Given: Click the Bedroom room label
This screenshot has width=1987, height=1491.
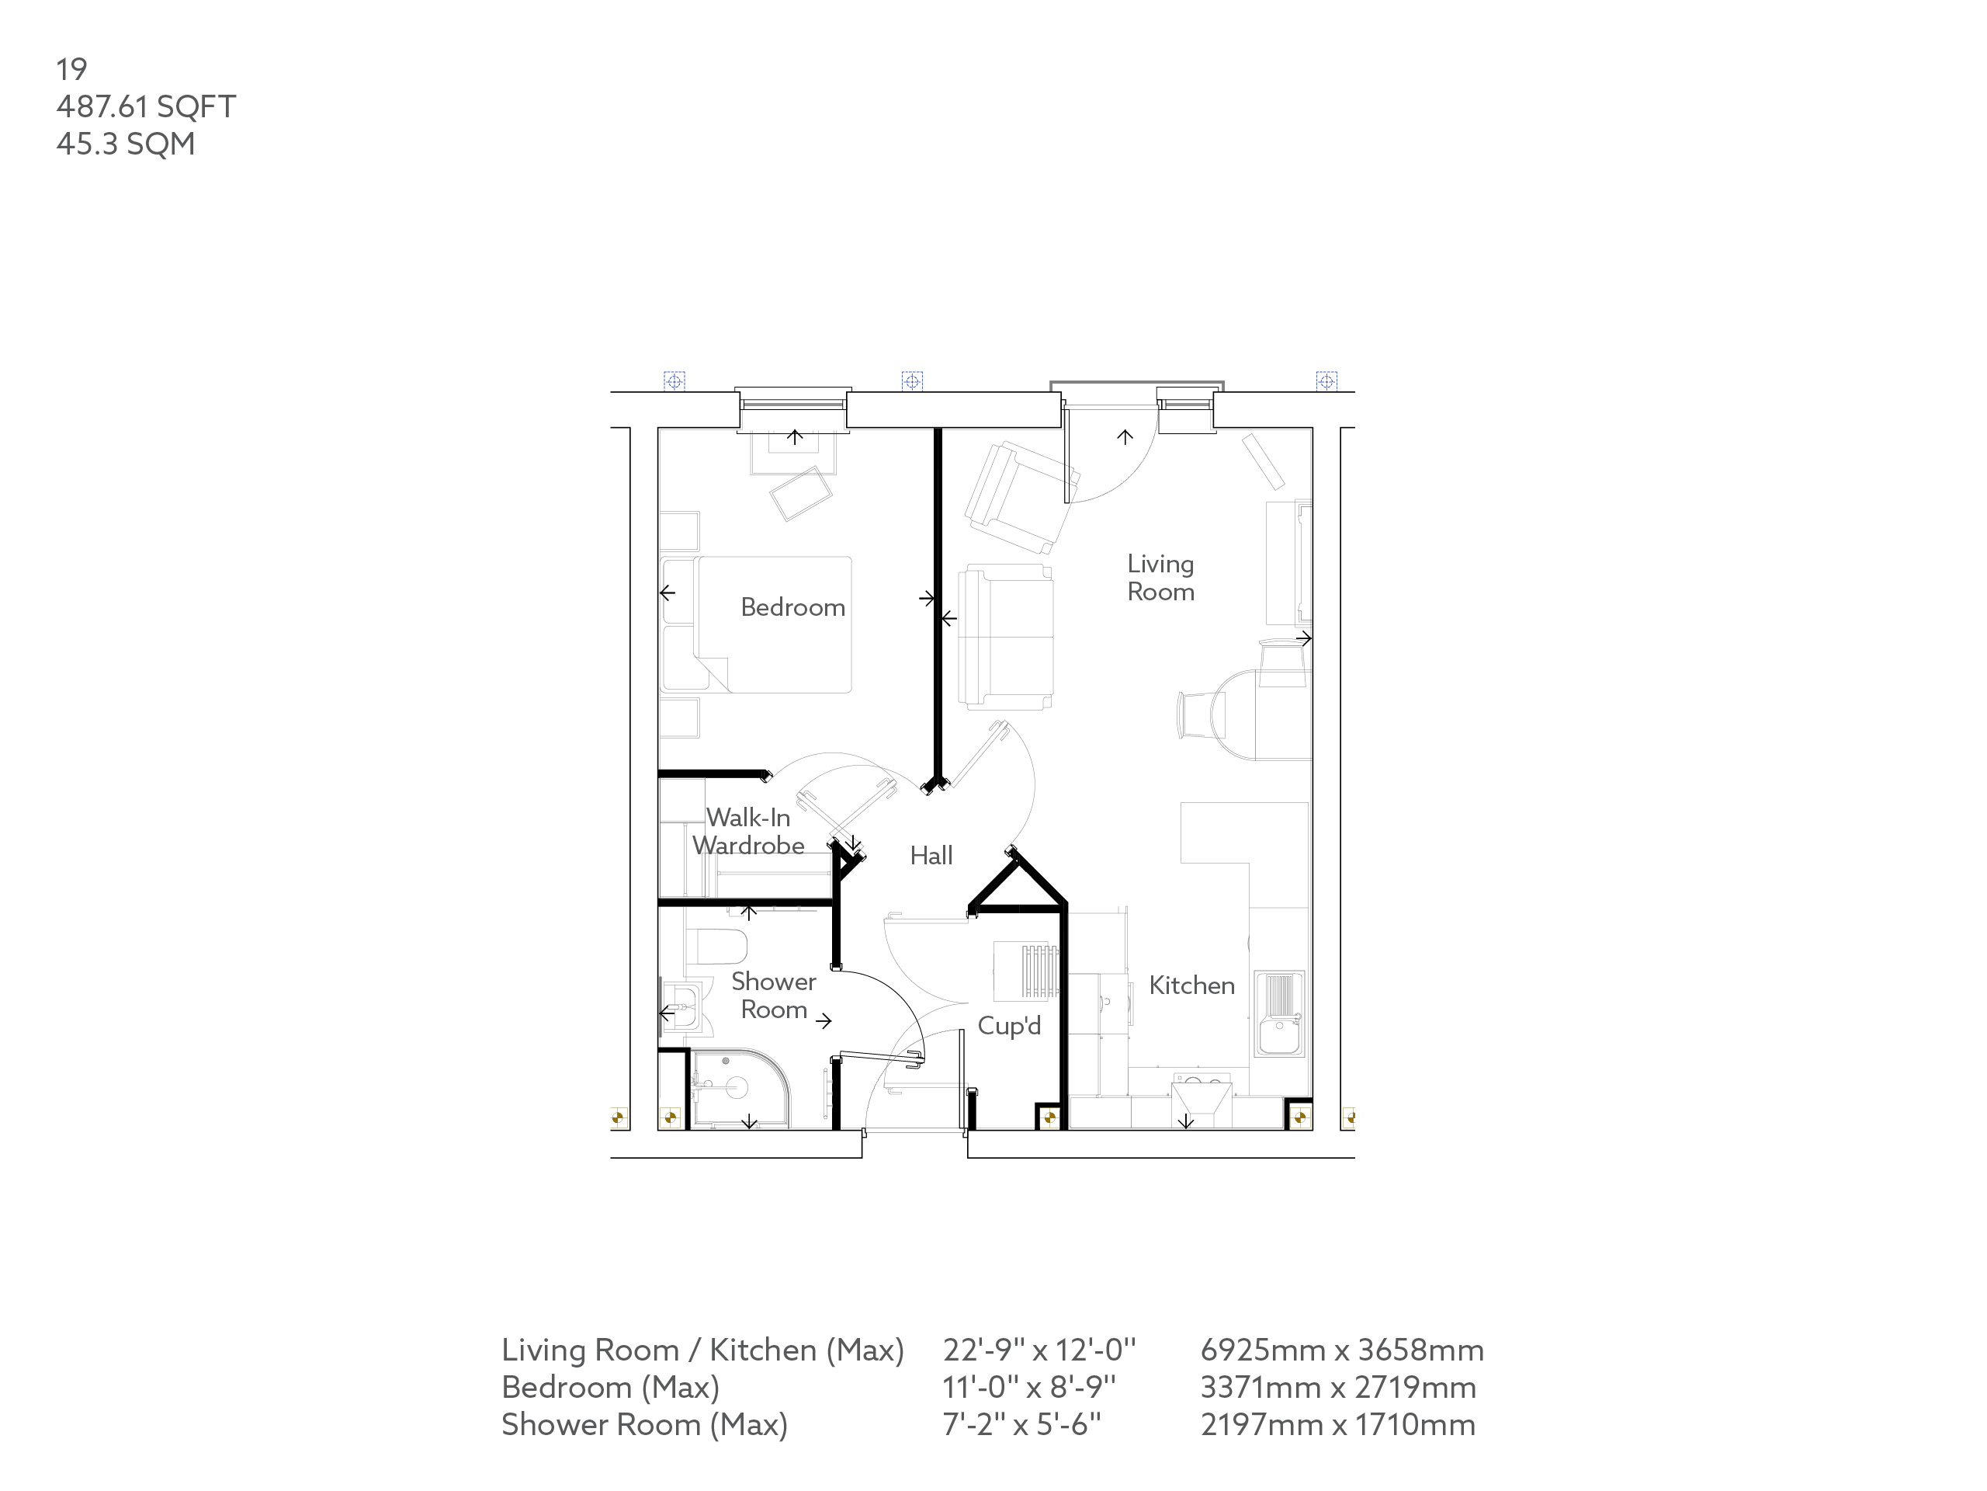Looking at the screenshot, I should tap(792, 607).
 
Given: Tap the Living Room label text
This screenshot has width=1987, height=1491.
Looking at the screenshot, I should tap(1160, 578).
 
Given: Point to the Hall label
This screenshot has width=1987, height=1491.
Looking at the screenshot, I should tap(931, 856).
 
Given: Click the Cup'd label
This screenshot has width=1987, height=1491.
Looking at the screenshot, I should tap(1009, 1026).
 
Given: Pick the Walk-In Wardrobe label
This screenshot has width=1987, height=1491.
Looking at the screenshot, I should tap(747, 832).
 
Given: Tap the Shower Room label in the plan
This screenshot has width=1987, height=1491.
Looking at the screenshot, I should tap(772, 996).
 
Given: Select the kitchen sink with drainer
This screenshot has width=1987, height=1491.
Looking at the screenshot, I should tap(1279, 1013).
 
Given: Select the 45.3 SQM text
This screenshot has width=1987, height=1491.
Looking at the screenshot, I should tap(125, 144).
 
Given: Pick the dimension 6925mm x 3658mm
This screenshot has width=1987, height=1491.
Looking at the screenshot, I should tap(1342, 1350).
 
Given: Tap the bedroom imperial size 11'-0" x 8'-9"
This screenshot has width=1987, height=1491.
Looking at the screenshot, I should tap(1028, 1388).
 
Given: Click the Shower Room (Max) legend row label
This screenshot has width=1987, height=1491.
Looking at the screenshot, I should tap(644, 1424).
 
